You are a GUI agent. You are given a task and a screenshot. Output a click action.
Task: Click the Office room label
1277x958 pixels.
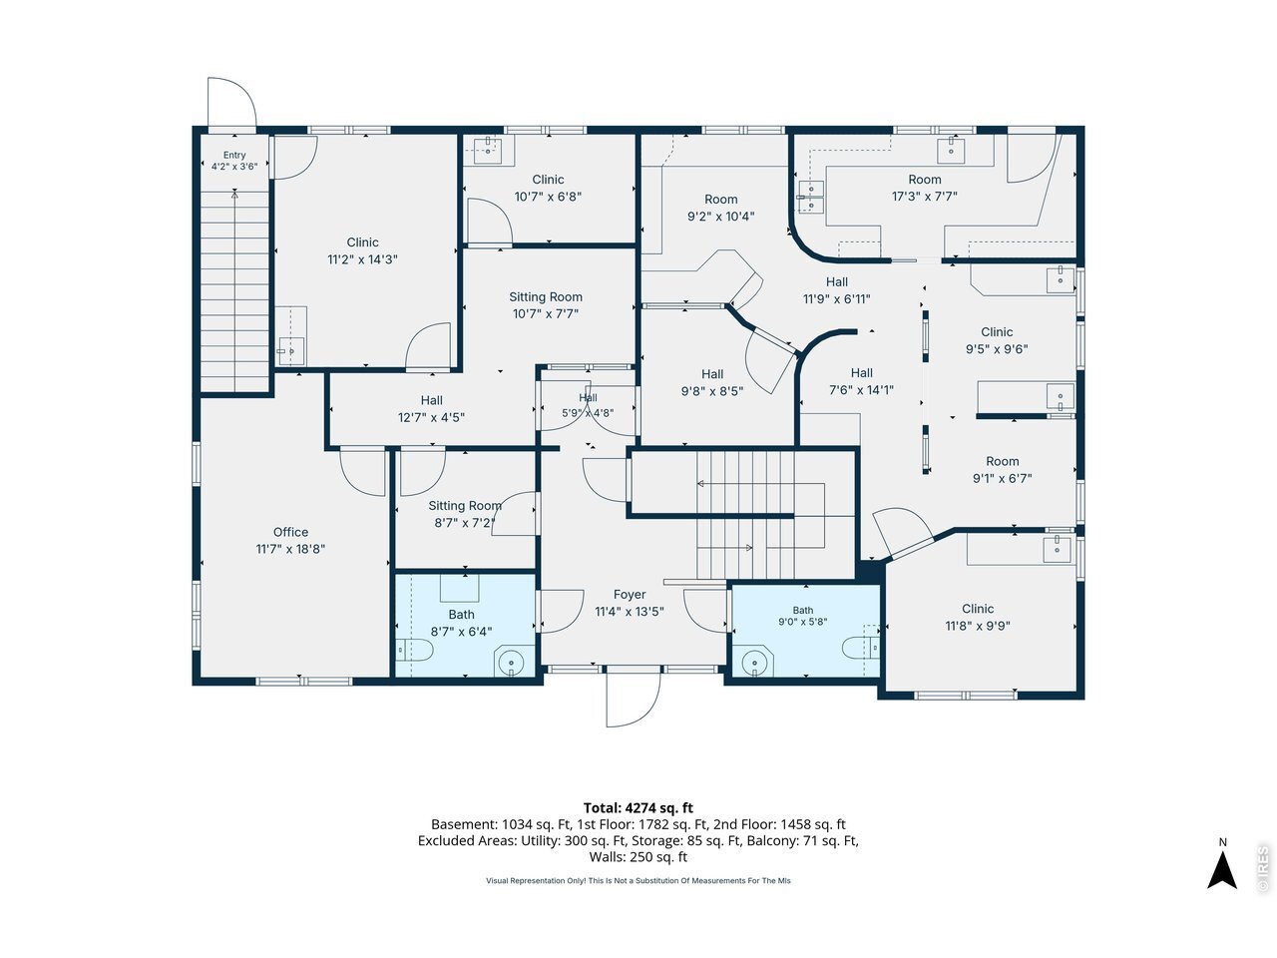pyautogui.click(x=290, y=532)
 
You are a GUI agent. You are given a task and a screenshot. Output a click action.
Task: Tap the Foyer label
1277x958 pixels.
pyautogui.click(x=629, y=594)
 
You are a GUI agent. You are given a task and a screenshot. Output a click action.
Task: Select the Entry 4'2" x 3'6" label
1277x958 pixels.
pyautogui.click(x=234, y=161)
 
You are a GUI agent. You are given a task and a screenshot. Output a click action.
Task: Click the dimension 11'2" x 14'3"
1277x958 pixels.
pyautogui.click(x=362, y=259)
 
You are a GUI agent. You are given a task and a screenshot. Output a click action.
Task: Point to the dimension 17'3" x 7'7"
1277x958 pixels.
pyautogui.click(x=925, y=197)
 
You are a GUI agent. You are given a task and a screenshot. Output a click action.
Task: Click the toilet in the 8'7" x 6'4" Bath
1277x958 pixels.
pyautogui.click(x=414, y=650)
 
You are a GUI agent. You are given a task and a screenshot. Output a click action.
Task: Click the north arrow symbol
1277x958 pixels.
pyautogui.click(x=1222, y=871)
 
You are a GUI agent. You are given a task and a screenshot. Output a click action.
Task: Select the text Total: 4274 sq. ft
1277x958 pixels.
pyautogui.click(x=638, y=808)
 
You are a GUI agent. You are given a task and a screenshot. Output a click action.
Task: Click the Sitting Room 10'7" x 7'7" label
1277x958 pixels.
pyautogui.click(x=546, y=305)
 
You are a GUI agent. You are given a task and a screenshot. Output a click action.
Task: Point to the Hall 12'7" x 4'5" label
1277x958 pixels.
pyautogui.click(x=431, y=408)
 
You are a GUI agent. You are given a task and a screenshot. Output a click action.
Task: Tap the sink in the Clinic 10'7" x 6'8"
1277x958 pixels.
pyautogui.click(x=488, y=152)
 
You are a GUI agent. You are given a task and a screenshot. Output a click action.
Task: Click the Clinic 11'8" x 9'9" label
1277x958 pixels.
pyautogui.click(x=978, y=617)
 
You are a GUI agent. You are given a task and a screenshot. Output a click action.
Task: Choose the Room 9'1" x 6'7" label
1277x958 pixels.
pyautogui.click(x=1002, y=469)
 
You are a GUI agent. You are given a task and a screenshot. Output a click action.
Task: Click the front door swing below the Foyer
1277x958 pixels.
pyautogui.click(x=633, y=698)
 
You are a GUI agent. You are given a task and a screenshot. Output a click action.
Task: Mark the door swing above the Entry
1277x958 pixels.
pyautogui.click(x=231, y=103)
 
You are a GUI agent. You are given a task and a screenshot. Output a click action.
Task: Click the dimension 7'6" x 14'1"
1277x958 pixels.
pyautogui.click(x=861, y=390)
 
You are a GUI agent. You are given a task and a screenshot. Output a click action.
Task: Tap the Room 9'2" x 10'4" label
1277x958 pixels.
pyautogui.click(x=721, y=208)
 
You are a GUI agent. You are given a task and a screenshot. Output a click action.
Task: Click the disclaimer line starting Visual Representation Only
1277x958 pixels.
pyautogui.click(x=638, y=880)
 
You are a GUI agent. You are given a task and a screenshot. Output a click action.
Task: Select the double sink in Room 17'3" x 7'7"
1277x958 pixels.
pyautogui.click(x=811, y=198)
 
